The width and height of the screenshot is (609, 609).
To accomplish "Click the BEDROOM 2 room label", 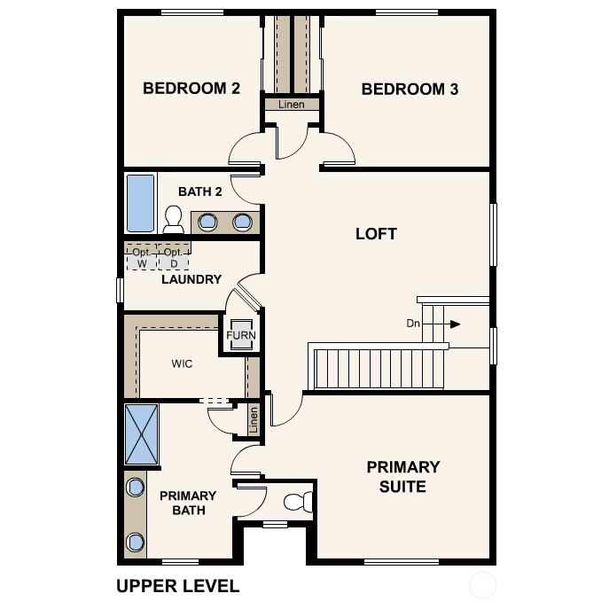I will point(191,89).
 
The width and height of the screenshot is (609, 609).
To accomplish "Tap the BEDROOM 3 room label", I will point(410,89).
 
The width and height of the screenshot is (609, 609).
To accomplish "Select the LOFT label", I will point(376,234).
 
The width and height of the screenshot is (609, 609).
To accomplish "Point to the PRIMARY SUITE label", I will point(403,477).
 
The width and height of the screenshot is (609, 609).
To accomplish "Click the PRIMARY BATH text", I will point(188,503).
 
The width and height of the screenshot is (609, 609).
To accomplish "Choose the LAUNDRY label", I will point(191,279).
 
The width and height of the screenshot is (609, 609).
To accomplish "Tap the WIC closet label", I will point(182,363).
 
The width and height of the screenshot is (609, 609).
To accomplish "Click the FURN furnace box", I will point(240,336).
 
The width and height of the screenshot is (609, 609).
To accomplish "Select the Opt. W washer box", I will point(140,258).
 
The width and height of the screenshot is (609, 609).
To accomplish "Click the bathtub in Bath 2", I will point(139,203).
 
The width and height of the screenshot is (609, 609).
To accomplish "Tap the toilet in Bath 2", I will point(174,218).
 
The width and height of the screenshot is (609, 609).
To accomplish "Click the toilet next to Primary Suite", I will point(296,502).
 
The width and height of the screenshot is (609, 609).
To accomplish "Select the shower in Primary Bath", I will point(141,433).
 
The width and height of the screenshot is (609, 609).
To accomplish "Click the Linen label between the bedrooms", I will point(291,105).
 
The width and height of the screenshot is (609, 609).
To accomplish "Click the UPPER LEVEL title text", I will point(177,586).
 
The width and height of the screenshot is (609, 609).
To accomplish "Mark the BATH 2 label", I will point(200,191).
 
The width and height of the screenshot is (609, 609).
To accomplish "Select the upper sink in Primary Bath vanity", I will point(136,487).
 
